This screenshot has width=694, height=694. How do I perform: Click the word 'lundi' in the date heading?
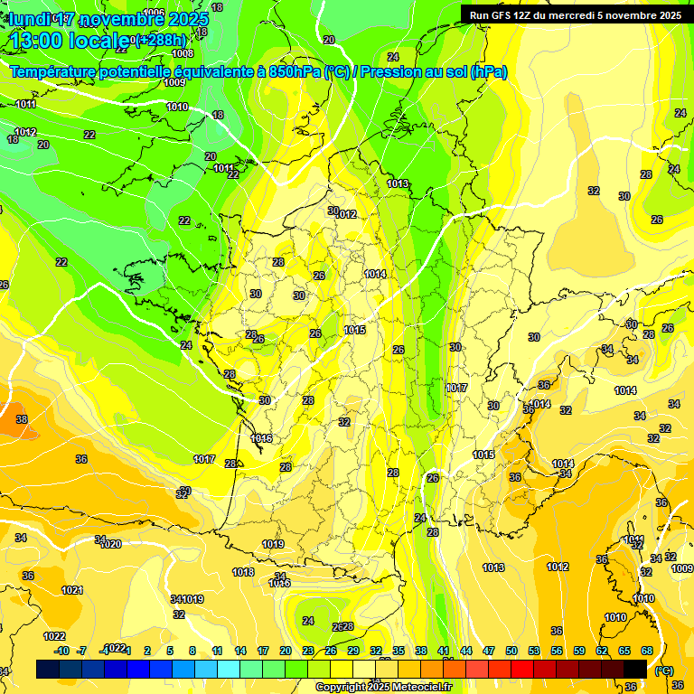point(29,19)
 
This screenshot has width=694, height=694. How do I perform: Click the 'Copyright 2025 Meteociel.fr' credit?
point(383,687)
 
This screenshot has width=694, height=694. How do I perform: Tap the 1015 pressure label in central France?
point(355,331)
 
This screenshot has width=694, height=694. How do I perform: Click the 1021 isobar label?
point(72,590)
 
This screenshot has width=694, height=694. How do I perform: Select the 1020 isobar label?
point(110,544)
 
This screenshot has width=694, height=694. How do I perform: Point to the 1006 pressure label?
point(155,13)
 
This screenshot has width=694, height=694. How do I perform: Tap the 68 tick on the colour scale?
point(647,651)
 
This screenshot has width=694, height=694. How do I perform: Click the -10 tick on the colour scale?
point(61,651)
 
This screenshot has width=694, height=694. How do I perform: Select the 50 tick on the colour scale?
point(511,651)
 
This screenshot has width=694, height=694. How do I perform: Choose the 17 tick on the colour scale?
point(263,651)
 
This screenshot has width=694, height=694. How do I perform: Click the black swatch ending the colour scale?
point(635,669)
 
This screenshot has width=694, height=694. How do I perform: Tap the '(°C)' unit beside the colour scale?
point(664,670)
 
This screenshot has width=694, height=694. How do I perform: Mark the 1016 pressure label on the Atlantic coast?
point(262,438)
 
